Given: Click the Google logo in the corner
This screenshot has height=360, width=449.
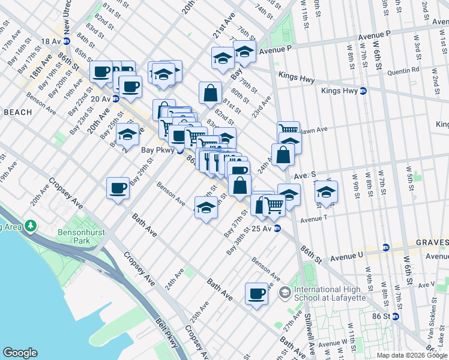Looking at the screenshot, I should click(x=20, y=352).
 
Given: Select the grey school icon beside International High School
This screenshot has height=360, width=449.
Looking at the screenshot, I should click(x=285, y=293).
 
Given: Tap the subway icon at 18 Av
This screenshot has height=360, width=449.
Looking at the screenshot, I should click(x=66, y=41).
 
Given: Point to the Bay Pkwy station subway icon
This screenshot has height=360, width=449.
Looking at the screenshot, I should click(x=179, y=151).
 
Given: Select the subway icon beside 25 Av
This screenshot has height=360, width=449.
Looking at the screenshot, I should click(x=277, y=229).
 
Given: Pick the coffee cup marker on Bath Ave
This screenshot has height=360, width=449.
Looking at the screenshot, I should click(x=256, y=293).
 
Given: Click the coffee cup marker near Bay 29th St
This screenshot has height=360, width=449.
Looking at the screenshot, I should click(x=118, y=187).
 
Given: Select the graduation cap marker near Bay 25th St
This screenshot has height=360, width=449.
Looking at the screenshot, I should click(x=127, y=135).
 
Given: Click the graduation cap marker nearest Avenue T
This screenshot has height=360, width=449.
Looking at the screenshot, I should click(x=326, y=192).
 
